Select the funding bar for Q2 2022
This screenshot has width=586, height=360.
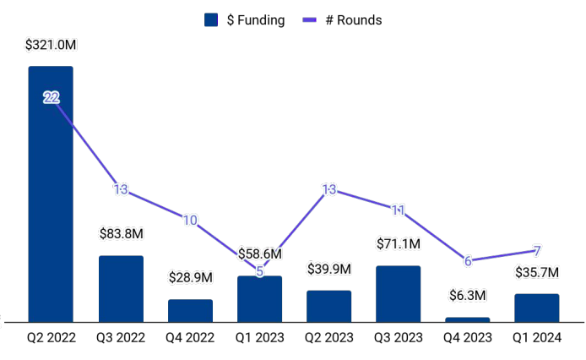51,194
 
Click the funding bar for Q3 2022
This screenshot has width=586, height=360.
121,288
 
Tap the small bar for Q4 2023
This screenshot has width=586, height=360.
467,319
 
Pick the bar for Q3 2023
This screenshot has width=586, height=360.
398,293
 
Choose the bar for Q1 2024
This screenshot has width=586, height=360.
536,308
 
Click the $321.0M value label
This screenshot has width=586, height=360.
51,44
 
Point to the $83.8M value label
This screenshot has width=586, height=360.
121,233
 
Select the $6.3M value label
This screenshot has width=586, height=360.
467,295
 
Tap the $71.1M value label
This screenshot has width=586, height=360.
398,243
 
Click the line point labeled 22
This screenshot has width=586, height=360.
52,98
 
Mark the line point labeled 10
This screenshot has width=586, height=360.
190,221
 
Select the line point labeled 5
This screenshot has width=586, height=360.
259,271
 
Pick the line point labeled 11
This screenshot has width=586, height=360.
399,210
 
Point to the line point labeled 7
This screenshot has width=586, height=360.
537,251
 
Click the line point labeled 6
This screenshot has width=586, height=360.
468,260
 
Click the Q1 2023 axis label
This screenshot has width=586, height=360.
259,338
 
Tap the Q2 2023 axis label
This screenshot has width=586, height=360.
328,338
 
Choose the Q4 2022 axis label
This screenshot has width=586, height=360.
190,338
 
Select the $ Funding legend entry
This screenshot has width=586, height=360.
245,20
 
